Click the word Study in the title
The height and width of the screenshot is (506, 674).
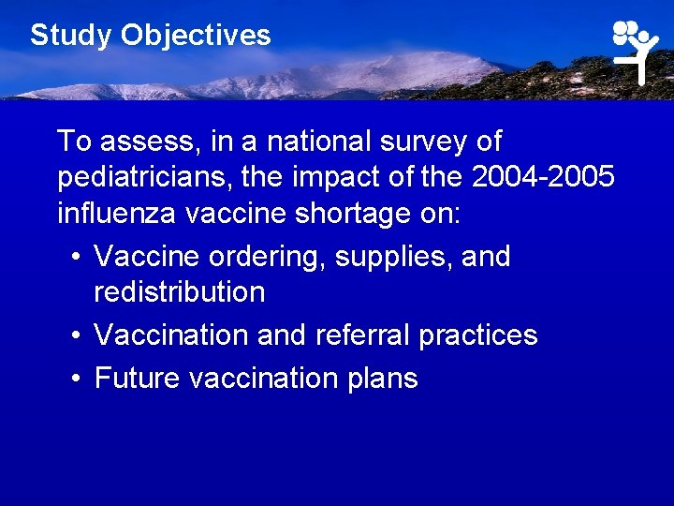point(71,36)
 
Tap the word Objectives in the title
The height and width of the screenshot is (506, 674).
point(196,36)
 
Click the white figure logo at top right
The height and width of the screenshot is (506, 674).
point(637,51)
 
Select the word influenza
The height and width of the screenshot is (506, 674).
point(118,214)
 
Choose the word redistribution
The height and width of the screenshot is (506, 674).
point(180,292)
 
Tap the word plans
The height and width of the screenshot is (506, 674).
point(382,379)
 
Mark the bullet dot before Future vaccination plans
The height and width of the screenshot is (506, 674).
point(76,379)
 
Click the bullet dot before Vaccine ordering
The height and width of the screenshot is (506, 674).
point(76,257)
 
